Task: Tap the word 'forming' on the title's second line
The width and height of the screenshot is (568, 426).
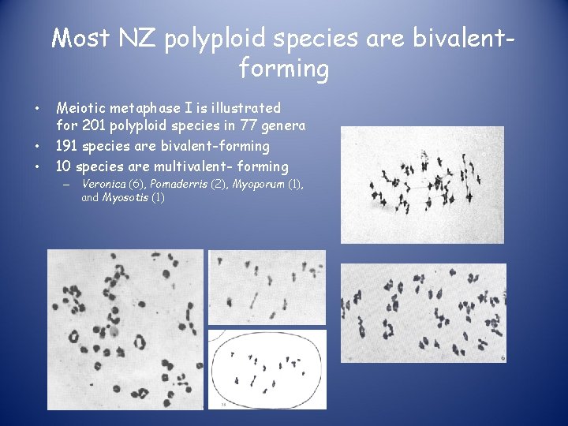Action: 283,69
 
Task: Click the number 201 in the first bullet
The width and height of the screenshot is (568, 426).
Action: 88,126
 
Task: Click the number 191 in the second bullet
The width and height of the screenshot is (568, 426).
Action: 65,146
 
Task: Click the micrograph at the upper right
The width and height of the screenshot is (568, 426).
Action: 421,185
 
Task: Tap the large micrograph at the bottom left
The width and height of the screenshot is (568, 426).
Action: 125,329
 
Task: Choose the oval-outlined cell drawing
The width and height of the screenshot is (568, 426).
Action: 267,368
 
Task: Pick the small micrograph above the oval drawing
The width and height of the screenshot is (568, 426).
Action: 267,287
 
